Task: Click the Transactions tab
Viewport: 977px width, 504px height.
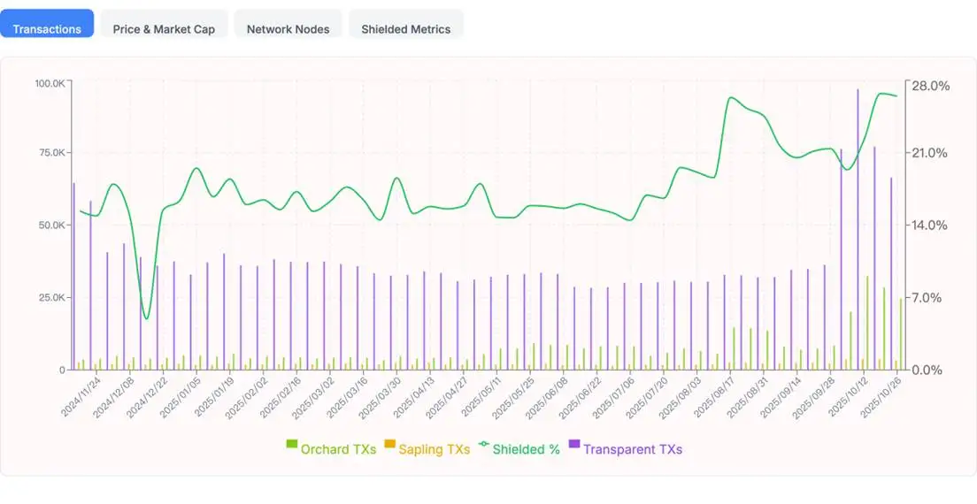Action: coord(47,28)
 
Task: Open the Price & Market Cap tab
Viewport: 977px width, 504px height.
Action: coord(164,28)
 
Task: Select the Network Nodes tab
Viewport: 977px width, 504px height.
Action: coord(288,28)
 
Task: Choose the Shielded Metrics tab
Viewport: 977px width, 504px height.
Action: coord(405,28)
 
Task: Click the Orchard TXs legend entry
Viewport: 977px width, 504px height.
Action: coord(331,449)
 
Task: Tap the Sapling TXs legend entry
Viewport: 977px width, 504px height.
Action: coord(427,449)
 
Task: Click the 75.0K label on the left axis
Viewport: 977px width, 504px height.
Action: coord(50,153)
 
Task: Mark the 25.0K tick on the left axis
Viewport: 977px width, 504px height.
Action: coord(50,297)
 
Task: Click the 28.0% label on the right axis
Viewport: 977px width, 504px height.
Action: coord(930,86)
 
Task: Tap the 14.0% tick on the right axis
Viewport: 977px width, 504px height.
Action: coord(930,225)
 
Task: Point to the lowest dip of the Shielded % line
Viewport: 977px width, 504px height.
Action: coord(146,318)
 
